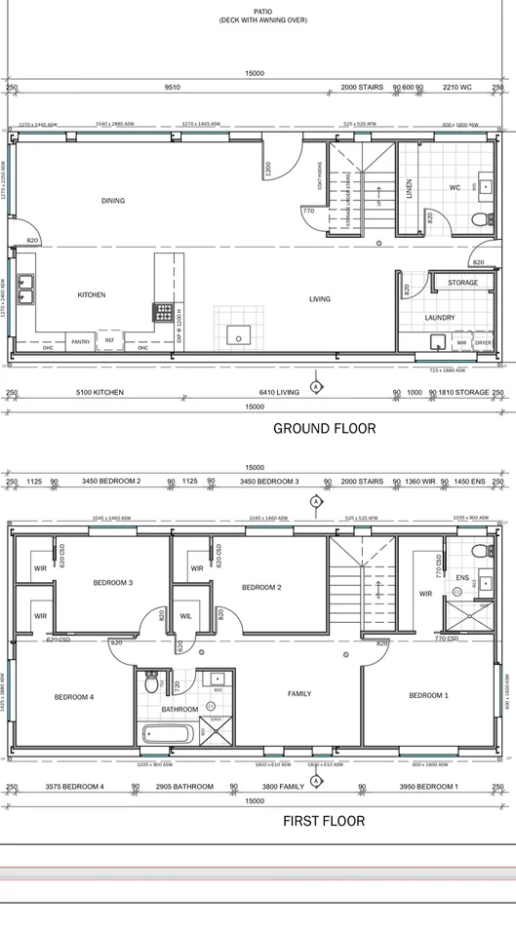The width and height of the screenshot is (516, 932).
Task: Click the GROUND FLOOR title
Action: [x=324, y=428]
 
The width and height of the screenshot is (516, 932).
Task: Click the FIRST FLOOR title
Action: [x=324, y=821]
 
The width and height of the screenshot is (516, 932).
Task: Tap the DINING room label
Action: [x=113, y=201]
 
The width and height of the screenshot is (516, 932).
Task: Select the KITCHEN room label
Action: [x=92, y=294]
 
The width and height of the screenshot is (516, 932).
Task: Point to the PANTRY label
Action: [x=80, y=341]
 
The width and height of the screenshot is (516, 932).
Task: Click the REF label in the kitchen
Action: [x=109, y=340]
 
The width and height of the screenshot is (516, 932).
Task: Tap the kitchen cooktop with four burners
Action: [x=160, y=313]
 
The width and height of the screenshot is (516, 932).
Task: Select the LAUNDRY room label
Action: [x=440, y=318]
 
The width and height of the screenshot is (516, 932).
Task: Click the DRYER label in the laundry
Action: [x=483, y=343]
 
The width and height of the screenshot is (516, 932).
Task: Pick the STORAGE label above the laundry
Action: [x=462, y=283]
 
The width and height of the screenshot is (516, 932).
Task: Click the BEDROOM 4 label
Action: [x=74, y=696]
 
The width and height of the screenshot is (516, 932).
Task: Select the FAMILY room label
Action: [x=299, y=693]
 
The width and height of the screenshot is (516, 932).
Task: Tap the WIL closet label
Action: [x=186, y=615]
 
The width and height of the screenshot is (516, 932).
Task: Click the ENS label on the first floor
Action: [x=462, y=578]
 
